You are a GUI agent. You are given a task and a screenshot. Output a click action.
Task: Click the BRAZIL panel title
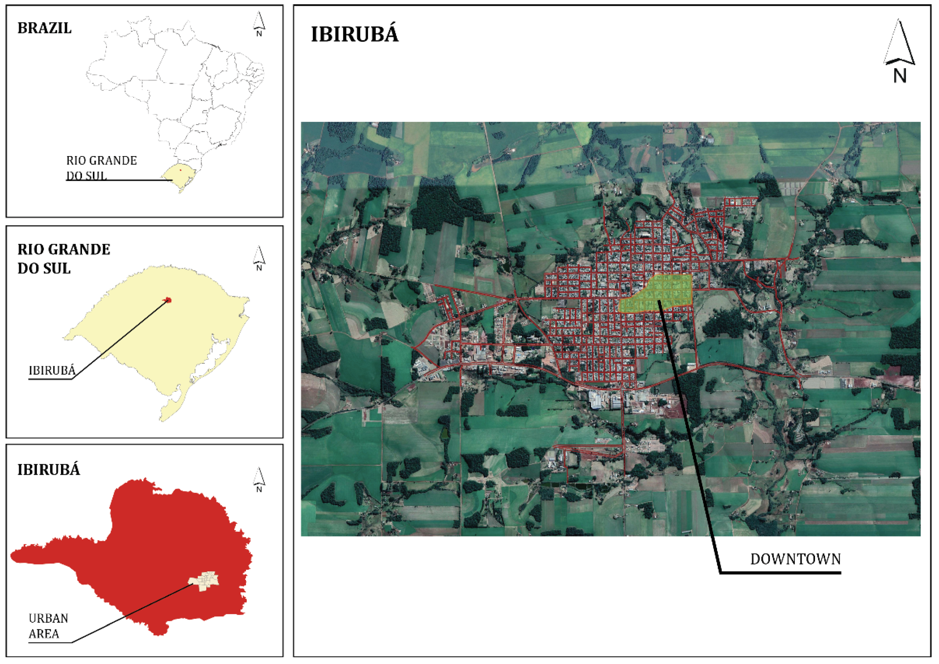pyautogui.click(x=44, y=28)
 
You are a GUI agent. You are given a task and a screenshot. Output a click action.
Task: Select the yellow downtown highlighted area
pyautogui.click(x=658, y=292)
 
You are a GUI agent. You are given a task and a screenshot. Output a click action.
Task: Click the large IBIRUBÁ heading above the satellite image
pyautogui.click(x=354, y=34)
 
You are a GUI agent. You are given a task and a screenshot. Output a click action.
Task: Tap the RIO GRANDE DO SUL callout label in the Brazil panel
pyautogui.click(x=101, y=168)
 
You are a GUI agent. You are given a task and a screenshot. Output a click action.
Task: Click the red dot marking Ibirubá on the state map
pyautogui.click(x=168, y=300)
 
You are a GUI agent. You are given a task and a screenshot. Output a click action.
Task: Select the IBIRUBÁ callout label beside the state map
pyautogui.click(x=52, y=371)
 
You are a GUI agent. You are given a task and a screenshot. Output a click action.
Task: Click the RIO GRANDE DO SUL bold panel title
pyautogui.click(x=63, y=259)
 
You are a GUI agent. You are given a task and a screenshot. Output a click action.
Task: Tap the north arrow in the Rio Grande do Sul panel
pyautogui.click(x=259, y=257)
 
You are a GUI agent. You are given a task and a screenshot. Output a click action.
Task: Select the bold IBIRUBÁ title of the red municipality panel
pyautogui.click(x=48, y=470)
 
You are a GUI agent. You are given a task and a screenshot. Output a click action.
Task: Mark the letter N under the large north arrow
pyautogui.click(x=900, y=76)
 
